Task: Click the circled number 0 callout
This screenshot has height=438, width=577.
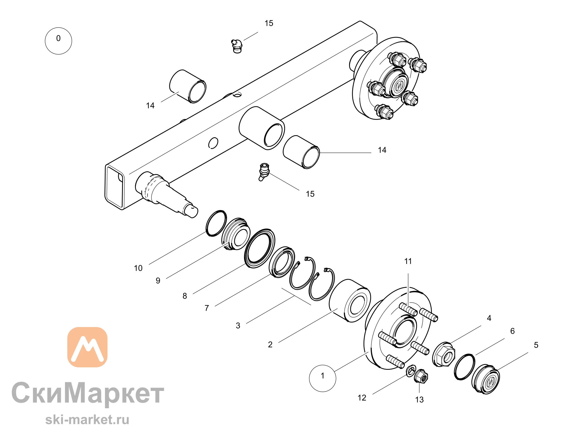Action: (58, 41)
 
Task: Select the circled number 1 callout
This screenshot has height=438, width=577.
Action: (323, 378)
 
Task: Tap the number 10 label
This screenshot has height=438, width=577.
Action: (138, 268)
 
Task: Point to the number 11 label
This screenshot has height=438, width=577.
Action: (408, 261)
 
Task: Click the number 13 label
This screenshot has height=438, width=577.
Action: (419, 400)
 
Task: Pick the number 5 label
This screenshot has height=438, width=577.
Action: (536, 345)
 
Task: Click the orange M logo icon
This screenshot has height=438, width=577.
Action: (87, 347)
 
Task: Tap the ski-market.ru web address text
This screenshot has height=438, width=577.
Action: (87, 420)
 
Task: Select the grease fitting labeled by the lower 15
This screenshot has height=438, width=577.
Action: (264, 172)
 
